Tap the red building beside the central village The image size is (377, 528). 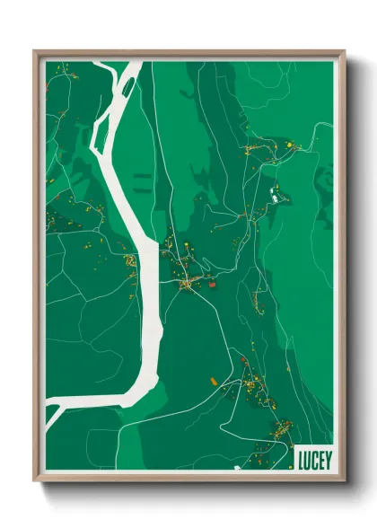(212, 285)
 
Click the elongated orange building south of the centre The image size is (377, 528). (213, 379)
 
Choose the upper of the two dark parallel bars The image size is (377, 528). (140, 177)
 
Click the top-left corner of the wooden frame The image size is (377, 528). (34, 51)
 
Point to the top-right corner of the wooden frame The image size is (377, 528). (344, 51)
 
